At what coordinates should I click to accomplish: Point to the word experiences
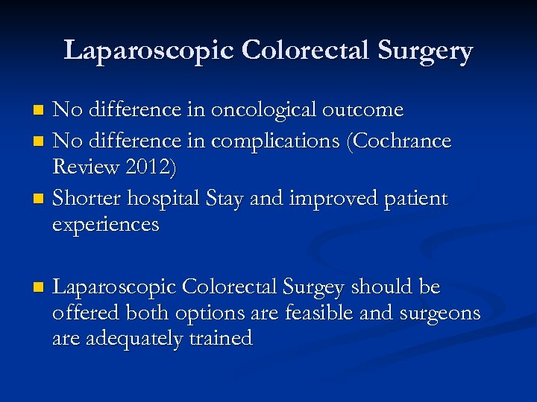point(106,226)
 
